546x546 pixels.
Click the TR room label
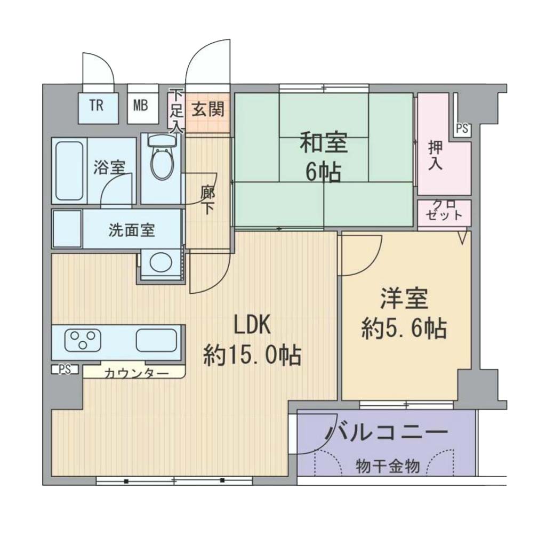coord(97,105)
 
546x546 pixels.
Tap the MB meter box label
coord(141,105)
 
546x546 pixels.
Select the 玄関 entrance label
coord(208,110)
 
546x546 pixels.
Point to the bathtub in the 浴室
coord(69,171)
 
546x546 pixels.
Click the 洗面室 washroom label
coord(132,230)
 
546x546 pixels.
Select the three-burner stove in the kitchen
coord(83,339)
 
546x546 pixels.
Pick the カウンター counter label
coord(136,374)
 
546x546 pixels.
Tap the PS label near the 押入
coord(462,129)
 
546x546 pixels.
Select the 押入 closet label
coord(435,156)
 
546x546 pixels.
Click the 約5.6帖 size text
coord(404,328)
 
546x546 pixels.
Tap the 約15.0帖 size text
coord(252,355)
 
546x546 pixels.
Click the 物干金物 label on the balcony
coord(388,466)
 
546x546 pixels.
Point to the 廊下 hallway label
coord(208,201)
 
